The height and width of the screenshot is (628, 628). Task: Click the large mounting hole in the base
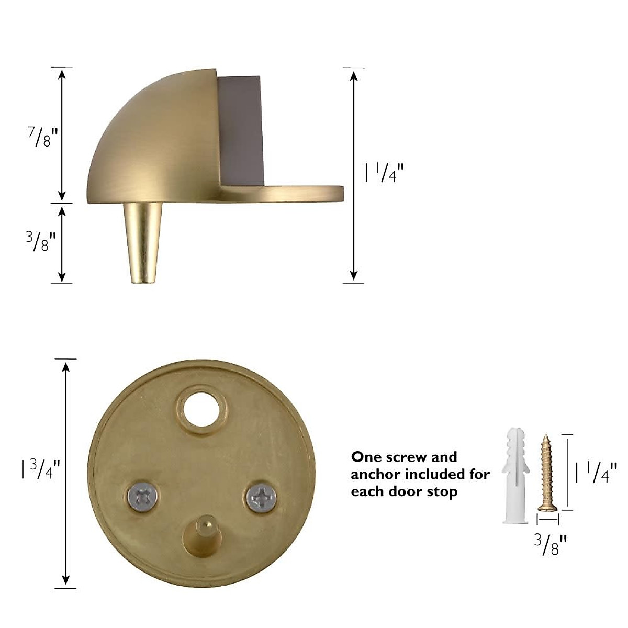202,406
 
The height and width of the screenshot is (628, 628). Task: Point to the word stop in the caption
442,492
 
